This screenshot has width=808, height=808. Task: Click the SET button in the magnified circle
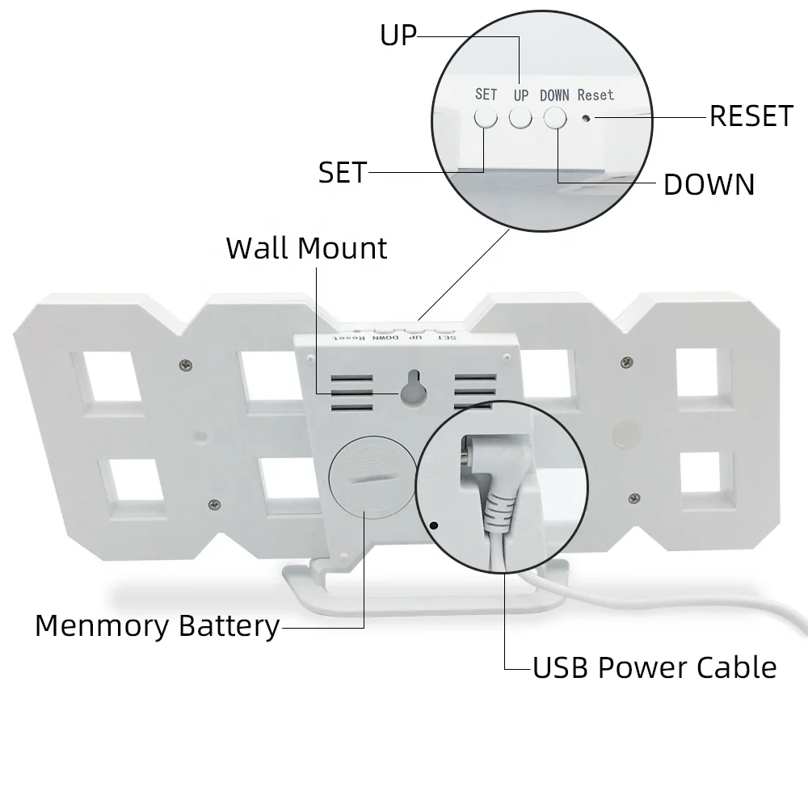click(486, 117)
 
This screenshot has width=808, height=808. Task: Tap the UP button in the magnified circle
click(520, 117)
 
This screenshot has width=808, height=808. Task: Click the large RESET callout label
click(751, 116)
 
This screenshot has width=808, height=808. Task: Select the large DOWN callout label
click(709, 185)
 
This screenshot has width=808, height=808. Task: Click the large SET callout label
click(343, 172)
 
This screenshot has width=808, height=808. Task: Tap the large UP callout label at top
click(398, 36)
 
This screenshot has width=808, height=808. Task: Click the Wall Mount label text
click(306, 248)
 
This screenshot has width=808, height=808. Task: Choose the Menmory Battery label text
click(157, 626)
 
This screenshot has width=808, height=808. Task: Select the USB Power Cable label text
click(654, 668)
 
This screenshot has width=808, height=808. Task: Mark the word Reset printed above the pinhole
click(595, 95)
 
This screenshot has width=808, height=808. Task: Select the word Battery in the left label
click(229, 626)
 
